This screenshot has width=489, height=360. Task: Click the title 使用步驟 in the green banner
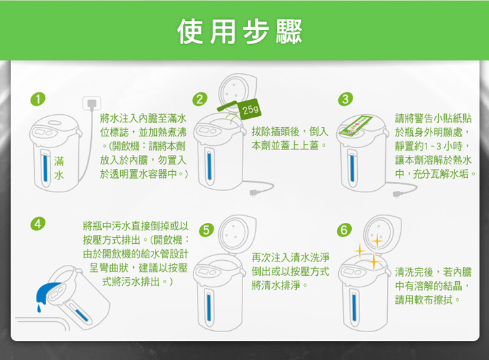pyautogui.click(x=240, y=32)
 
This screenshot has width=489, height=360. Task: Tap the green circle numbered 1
pyautogui.click(x=38, y=99)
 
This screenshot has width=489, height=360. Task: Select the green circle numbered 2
pyautogui.click(x=200, y=99)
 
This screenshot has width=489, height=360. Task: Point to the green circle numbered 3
pyautogui.click(x=346, y=99)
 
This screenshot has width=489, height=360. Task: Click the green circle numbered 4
pyautogui.click(x=38, y=223)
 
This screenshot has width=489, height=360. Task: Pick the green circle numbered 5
pyautogui.click(x=206, y=230)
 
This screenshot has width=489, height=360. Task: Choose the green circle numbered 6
pyautogui.click(x=344, y=230)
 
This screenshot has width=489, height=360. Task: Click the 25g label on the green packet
pyautogui.click(x=251, y=109)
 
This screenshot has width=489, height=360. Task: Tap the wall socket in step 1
pyautogui.click(x=92, y=103)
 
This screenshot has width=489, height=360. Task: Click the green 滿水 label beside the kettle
pyautogui.click(x=59, y=168)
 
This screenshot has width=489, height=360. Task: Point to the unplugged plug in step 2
pyautogui.click(x=255, y=192)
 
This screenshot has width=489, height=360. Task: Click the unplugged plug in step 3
pyautogui.click(x=397, y=195)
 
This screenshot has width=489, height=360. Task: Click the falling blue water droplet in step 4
pyautogui.click(x=39, y=308)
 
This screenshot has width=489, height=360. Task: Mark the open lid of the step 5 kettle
pyautogui.click(x=237, y=232)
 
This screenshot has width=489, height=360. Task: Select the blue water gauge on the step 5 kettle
pyautogui.click(x=209, y=306)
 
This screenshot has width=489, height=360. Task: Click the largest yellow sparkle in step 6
pyautogui.click(x=374, y=262)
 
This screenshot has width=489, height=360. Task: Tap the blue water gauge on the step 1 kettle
pyautogui.click(x=46, y=168)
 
